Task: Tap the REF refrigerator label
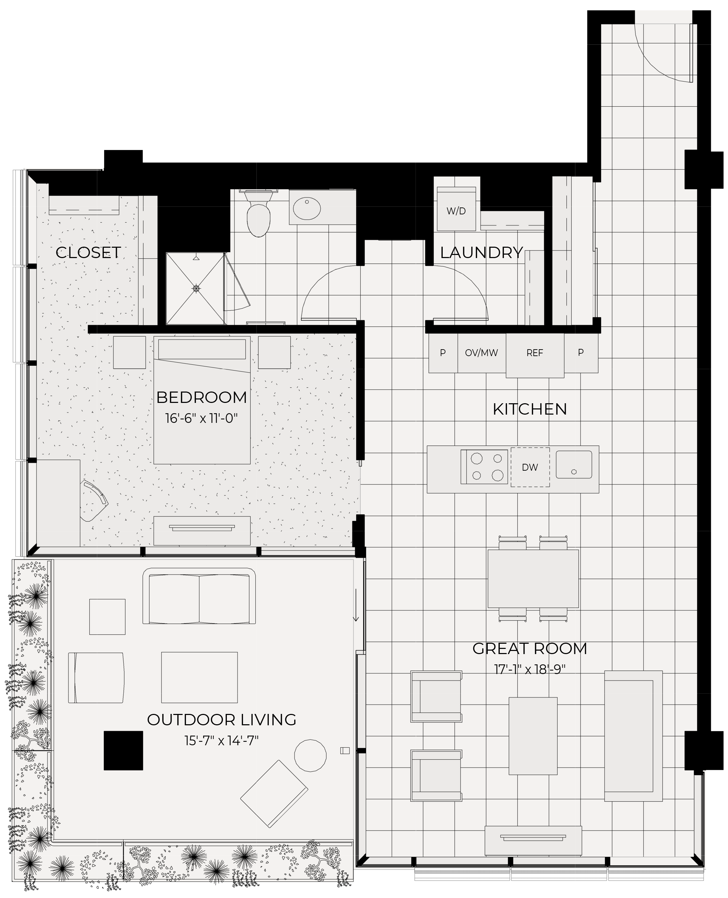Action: pyautogui.click(x=535, y=353)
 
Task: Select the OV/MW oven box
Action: pyautogui.click(x=482, y=353)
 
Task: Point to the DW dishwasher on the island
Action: pyautogui.click(x=530, y=467)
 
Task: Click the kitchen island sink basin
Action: pyautogui.click(x=574, y=464)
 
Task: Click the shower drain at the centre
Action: pyautogui.click(x=196, y=288)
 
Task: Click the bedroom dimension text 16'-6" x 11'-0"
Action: pyautogui.click(x=201, y=419)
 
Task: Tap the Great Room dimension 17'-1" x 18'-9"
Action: pyautogui.click(x=530, y=669)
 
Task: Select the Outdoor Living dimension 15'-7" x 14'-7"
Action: pyautogui.click(x=221, y=740)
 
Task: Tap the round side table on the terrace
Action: pyautogui.click(x=310, y=756)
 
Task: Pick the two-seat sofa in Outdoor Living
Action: pyautogui.click(x=199, y=596)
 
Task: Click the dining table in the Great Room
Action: pyautogui.click(x=533, y=578)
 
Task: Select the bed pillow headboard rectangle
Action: pyautogui.click(x=202, y=349)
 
